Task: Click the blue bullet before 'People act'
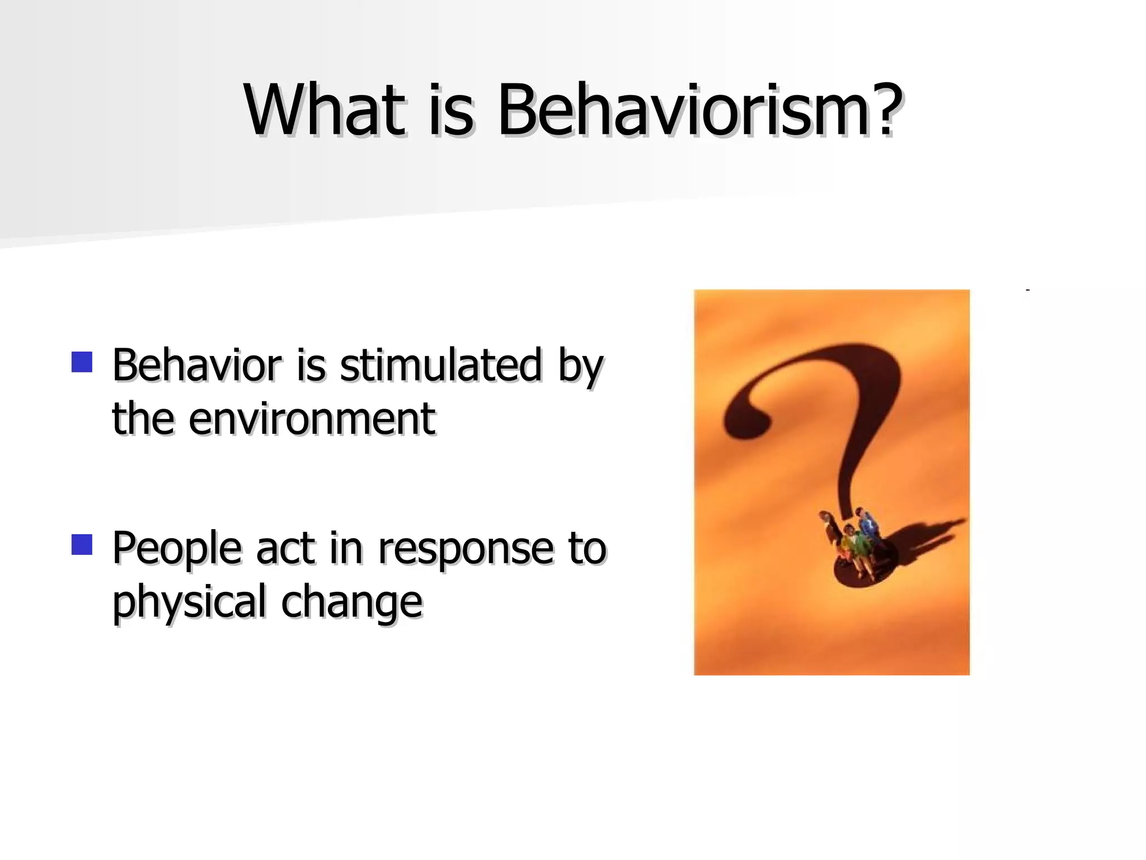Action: (82, 544)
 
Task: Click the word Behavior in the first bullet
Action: (196, 365)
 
